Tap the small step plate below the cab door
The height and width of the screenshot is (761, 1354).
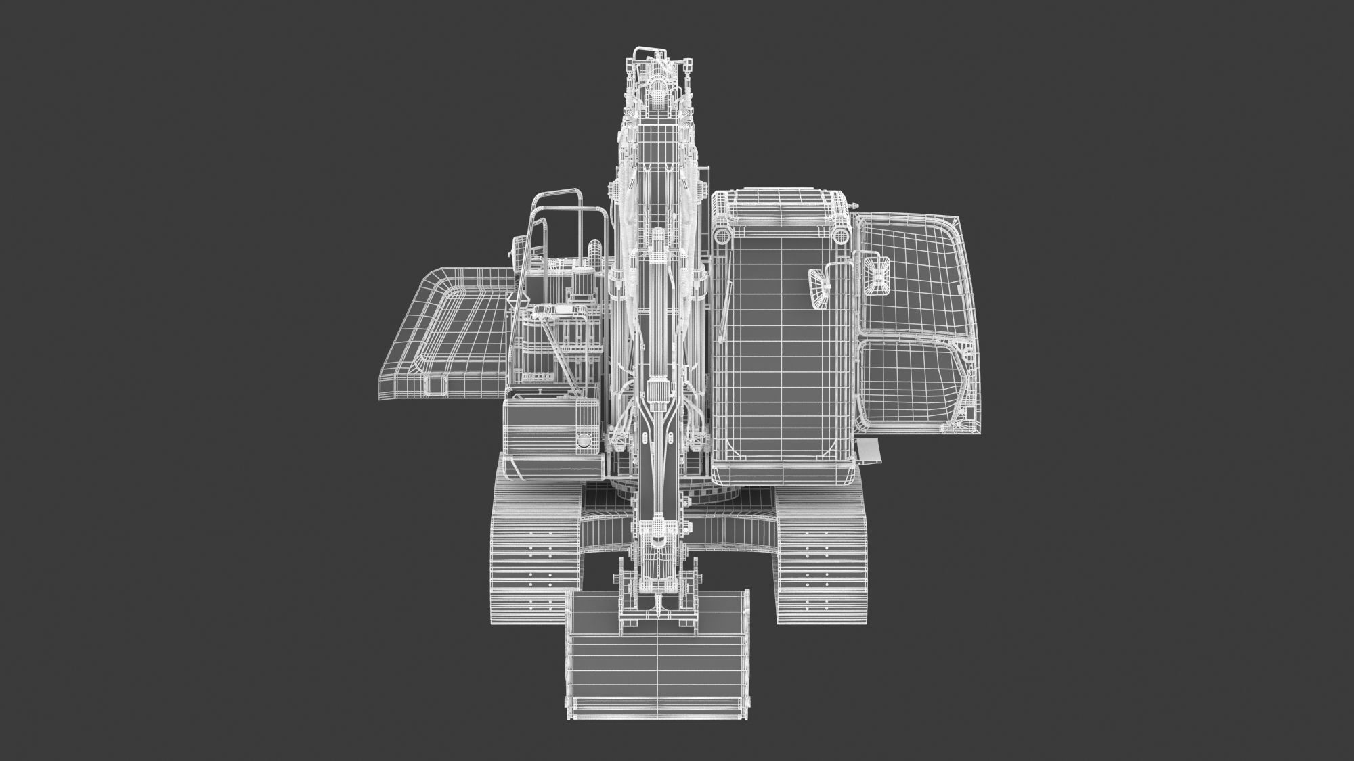(868, 449)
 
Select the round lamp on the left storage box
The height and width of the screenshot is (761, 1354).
(583, 442)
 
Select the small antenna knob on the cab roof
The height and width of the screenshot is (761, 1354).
(855, 204)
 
